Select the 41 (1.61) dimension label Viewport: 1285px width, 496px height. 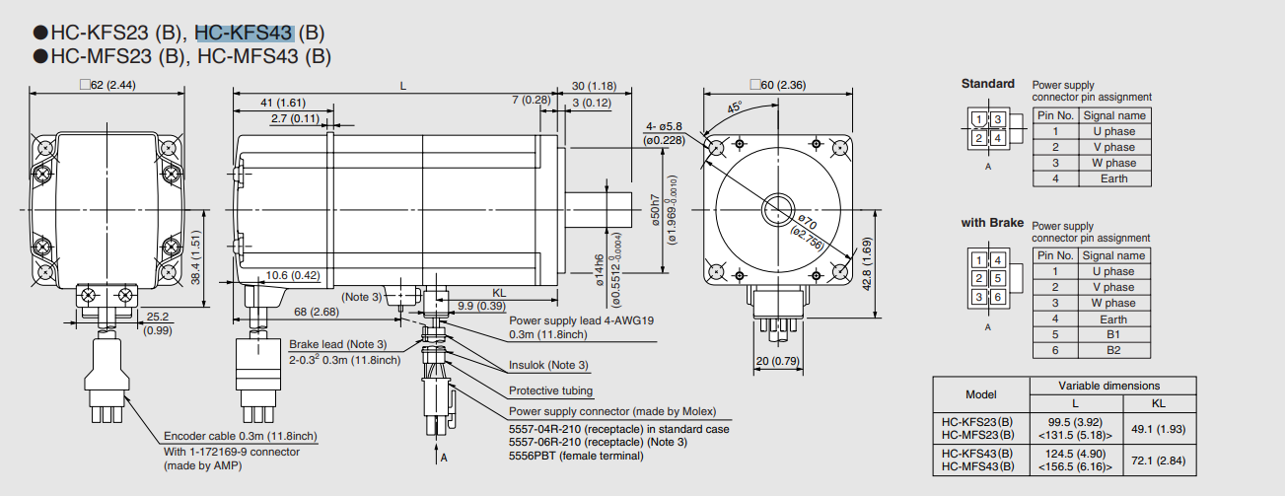282,103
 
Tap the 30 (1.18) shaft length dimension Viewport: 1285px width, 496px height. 594,86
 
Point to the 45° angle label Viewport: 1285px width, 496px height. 735,107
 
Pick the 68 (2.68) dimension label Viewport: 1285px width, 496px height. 316,313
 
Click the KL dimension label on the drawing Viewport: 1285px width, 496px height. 499,293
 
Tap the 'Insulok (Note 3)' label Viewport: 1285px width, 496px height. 548,365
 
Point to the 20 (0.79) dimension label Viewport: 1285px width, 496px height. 776,361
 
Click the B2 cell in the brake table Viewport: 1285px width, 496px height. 1112,350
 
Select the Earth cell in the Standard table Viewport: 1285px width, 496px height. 1112,178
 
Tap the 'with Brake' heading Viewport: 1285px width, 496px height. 992,223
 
